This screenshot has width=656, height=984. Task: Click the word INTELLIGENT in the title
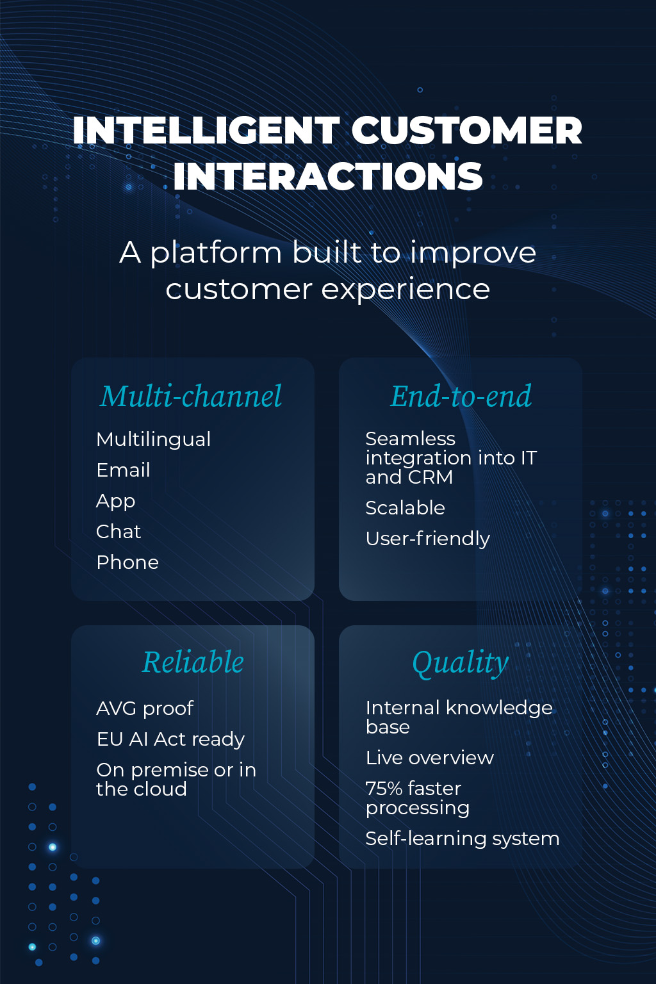tap(206, 130)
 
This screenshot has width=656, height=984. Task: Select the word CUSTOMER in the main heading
tap(466, 130)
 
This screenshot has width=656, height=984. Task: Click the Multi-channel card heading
tap(191, 396)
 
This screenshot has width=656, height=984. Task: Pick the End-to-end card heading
tap(461, 396)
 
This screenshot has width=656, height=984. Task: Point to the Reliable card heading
tap(192, 662)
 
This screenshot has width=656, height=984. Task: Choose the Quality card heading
tap(461, 663)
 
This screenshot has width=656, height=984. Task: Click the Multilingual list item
tap(153, 440)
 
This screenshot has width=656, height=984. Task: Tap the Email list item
tap(123, 470)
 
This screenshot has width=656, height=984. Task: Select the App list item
tap(115, 502)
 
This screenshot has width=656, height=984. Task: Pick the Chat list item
tap(119, 532)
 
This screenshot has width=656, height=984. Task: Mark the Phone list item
tap(127, 562)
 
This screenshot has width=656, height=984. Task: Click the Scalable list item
tap(405, 508)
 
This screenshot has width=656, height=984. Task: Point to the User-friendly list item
tap(427, 539)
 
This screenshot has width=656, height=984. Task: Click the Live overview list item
tap(430, 758)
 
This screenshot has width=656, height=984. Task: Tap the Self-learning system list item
tap(463, 839)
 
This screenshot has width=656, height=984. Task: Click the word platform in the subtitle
tap(216, 254)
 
